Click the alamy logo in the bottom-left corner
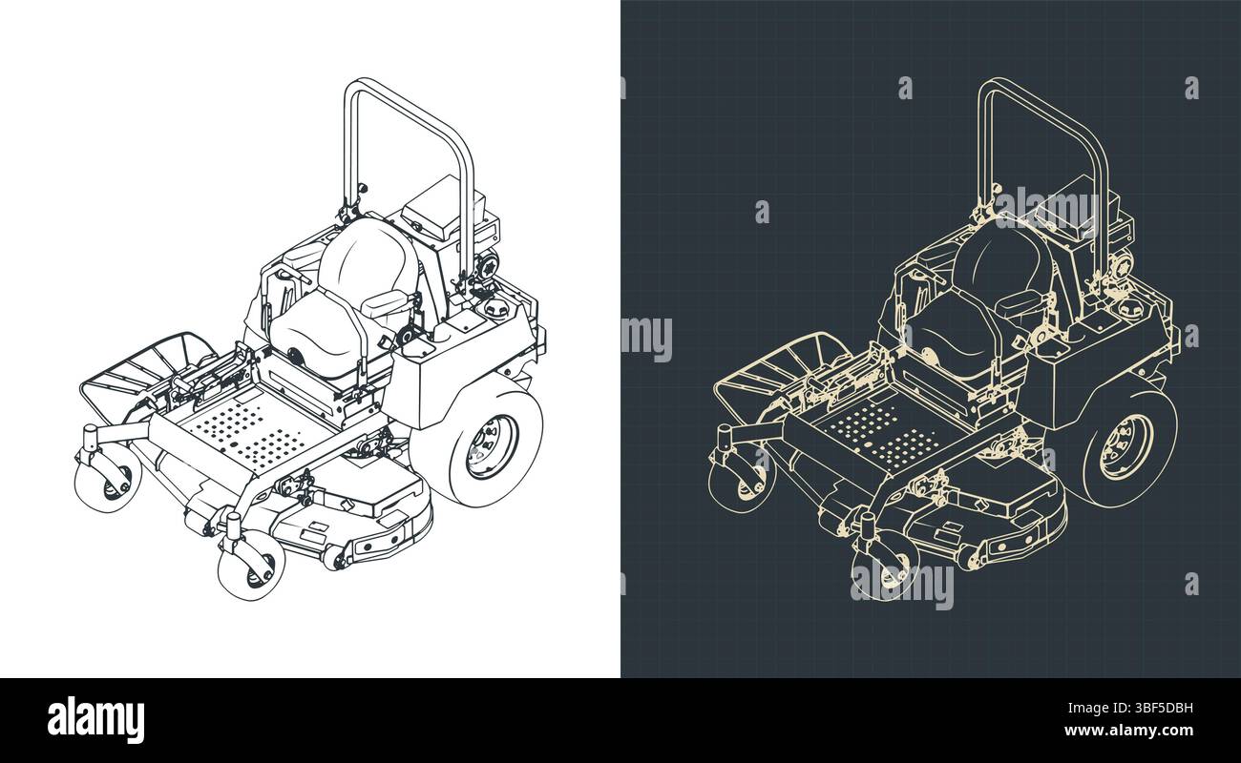[x=95, y=719]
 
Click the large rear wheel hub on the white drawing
[x=492, y=446]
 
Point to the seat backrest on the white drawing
[x=368, y=256]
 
